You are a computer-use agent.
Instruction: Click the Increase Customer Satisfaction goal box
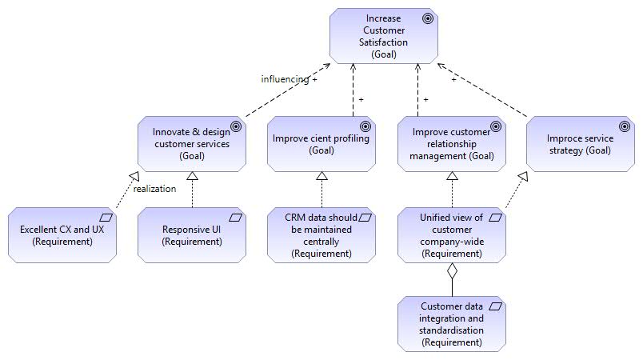coord(384,36)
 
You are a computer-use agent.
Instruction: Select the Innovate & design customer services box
coord(192,144)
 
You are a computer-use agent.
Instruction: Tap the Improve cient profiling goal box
coord(321,144)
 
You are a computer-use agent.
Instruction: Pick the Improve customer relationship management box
coord(452,144)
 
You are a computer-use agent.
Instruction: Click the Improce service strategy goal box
coord(581,144)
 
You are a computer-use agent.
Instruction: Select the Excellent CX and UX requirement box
coord(62,235)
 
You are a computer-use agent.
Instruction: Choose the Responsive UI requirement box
coord(192,235)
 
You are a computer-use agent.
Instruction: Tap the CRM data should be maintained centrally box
coord(321,235)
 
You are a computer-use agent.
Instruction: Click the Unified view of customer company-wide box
coord(452,235)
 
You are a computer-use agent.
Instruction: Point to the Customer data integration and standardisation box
coord(452,324)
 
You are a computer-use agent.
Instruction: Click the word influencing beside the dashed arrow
coord(285,78)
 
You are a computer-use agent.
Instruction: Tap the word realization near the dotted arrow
coord(154,189)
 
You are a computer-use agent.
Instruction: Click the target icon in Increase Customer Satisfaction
coord(428,18)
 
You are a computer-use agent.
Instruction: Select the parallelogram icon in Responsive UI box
coord(235,218)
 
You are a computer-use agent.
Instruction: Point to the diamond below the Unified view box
coord(452,271)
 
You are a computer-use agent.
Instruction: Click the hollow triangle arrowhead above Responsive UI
coord(192,176)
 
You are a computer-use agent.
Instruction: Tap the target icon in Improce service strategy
coord(625,126)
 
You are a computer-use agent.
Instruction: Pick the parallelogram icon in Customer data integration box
coord(495,306)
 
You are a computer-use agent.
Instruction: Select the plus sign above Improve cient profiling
coord(361,100)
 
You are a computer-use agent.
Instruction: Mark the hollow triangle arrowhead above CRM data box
coord(322,176)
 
